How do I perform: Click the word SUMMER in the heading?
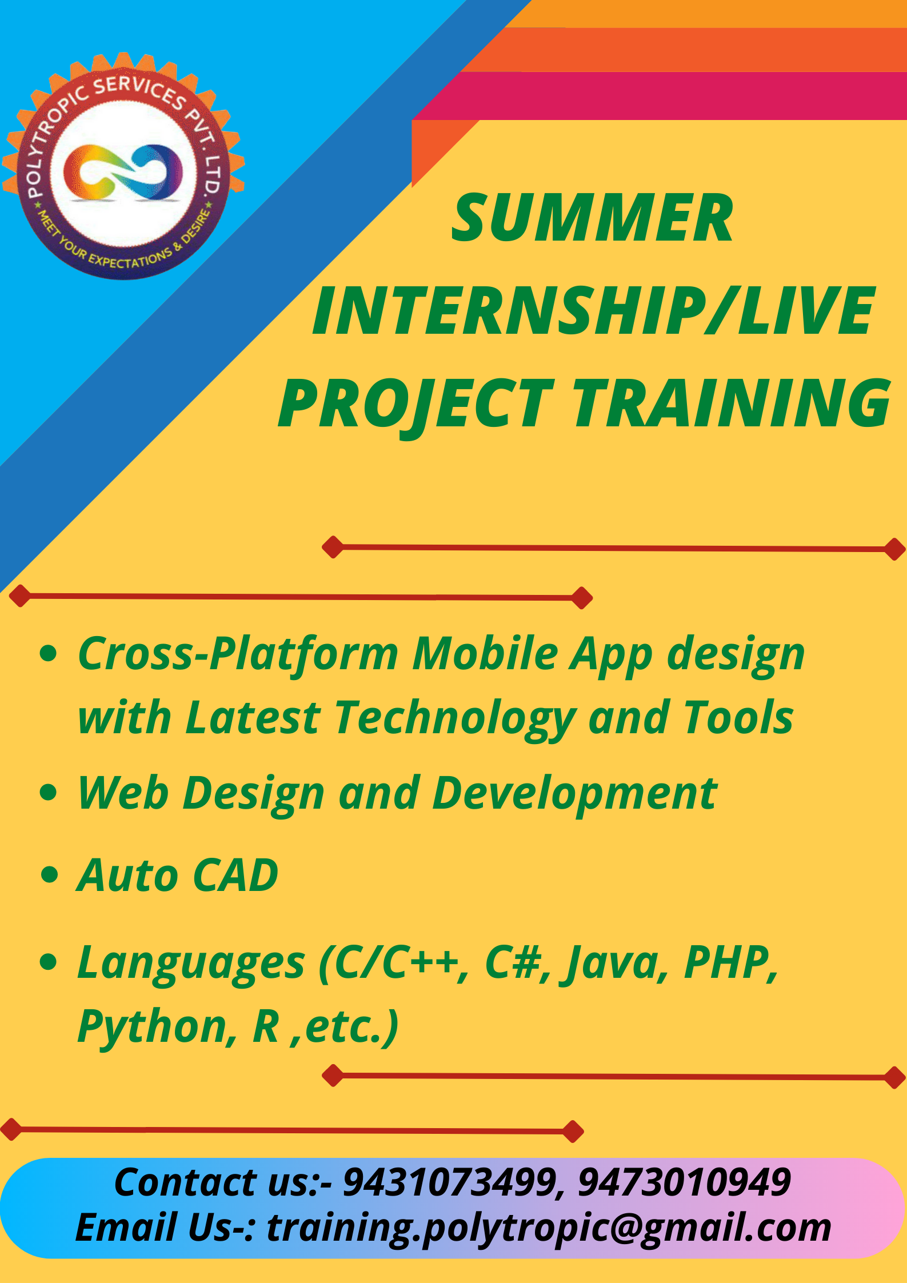point(592,218)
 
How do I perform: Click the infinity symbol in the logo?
point(123,172)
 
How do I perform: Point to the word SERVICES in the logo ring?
point(140,91)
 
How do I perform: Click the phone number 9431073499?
point(448,1182)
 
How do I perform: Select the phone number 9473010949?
point(684,1182)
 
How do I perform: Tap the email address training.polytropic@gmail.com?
point(549,1228)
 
